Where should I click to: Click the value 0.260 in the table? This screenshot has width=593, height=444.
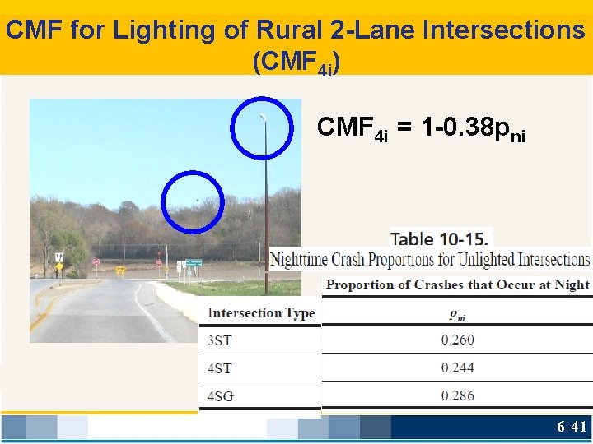tap(457, 340)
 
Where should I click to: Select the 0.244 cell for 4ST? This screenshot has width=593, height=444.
tap(457, 368)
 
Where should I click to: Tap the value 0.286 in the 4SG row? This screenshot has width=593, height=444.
tap(457, 395)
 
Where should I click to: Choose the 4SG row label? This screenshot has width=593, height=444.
tap(220, 395)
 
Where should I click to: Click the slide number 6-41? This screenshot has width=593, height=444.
tap(571, 426)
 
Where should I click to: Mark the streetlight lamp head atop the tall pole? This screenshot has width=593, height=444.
tap(263, 118)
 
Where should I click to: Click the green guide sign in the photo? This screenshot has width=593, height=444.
tap(193, 262)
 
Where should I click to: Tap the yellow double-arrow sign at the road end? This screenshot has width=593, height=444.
tap(121, 269)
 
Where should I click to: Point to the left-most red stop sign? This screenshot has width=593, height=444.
tap(96, 262)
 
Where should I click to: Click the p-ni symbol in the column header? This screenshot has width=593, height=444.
tap(457, 313)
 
